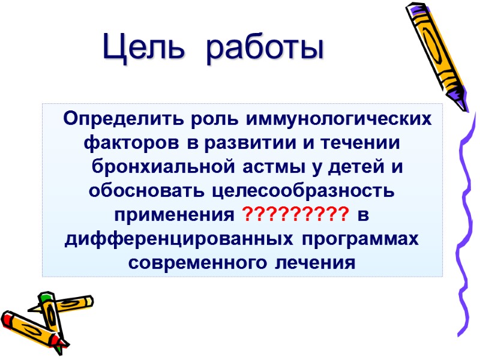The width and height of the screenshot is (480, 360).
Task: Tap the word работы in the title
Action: (264, 47)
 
